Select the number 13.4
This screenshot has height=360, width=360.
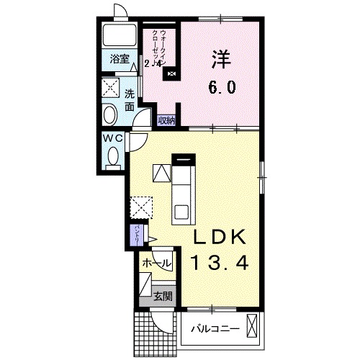click(221, 264)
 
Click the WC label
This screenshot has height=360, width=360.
click(113, 138)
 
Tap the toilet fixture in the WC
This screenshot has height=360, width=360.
click(112, 158)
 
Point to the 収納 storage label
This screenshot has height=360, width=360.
click(165, 120)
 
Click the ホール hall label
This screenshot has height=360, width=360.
click(156, 264)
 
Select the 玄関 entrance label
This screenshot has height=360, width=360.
click(162, 295)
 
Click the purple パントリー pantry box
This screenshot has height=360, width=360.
click(137, 233)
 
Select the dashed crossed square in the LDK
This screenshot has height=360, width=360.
click(140, 207)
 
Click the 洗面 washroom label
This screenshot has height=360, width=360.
click(130, 100)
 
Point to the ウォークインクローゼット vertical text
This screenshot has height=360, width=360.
click(166, 48)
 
